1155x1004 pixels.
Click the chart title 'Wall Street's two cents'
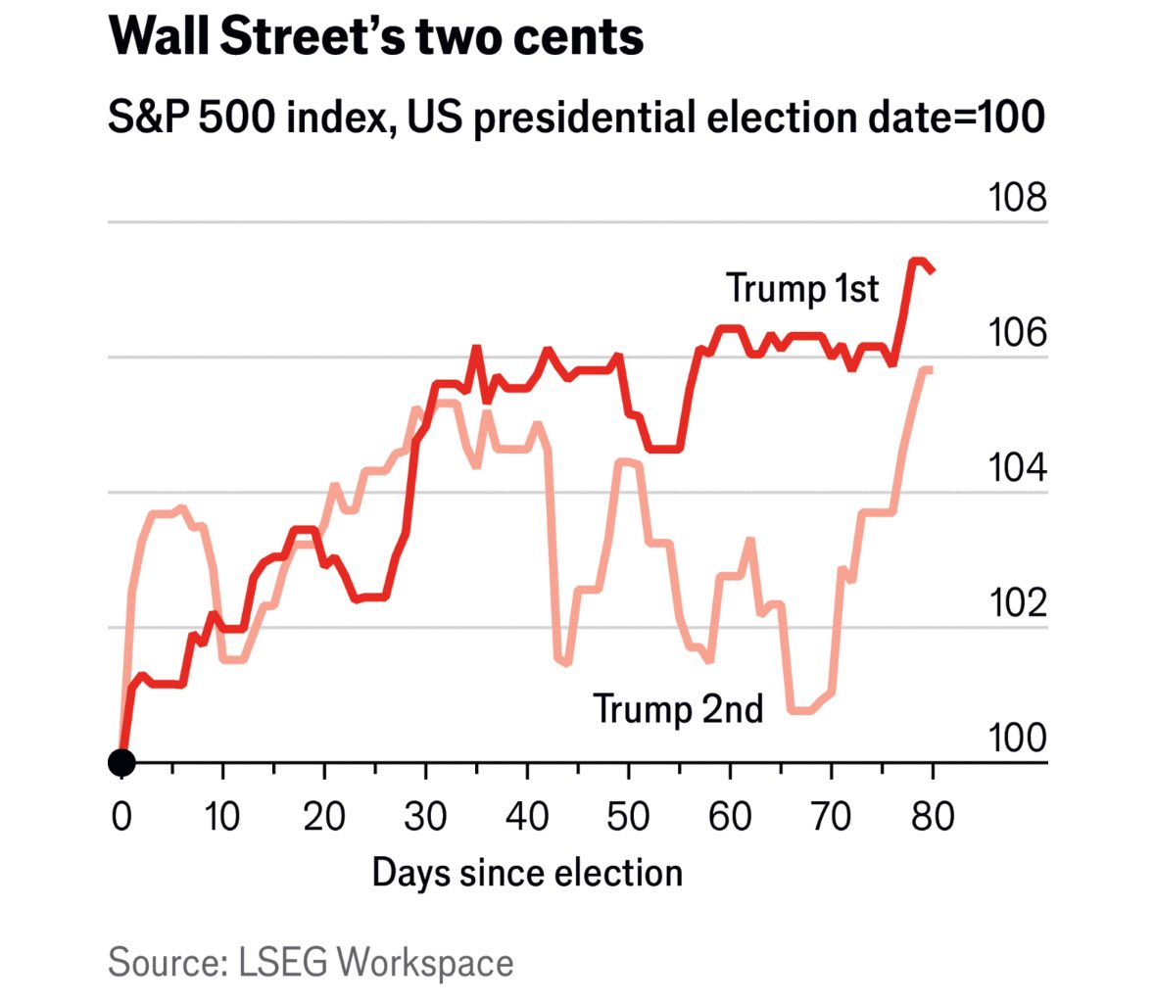(x=376, y=36)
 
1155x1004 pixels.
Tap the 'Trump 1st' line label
(x=802, y=288)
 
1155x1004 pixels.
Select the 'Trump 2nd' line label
(x=678, y=708)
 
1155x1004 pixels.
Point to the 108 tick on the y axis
(x=1017, y=198)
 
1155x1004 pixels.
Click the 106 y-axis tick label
(x=1017, y=333)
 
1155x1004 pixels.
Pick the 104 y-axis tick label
(x=1017, y=468)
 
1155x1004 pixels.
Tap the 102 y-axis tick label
(x=1017, y=602)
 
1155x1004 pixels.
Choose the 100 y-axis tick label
(x=1017, y=738)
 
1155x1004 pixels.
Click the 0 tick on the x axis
(x=121, y=815)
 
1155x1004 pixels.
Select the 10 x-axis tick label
(x=222, y=815)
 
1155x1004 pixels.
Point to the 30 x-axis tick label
(x=425, y=815)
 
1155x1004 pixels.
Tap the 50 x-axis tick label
(x=628, y=815)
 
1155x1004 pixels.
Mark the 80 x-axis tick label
(x=932, y=815)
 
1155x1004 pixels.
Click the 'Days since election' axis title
(x=527, y=873)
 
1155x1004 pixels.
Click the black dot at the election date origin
(x=121, y=761)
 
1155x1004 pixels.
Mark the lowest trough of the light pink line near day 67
(x=800, y=710)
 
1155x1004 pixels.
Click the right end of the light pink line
(x=931, y=369)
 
